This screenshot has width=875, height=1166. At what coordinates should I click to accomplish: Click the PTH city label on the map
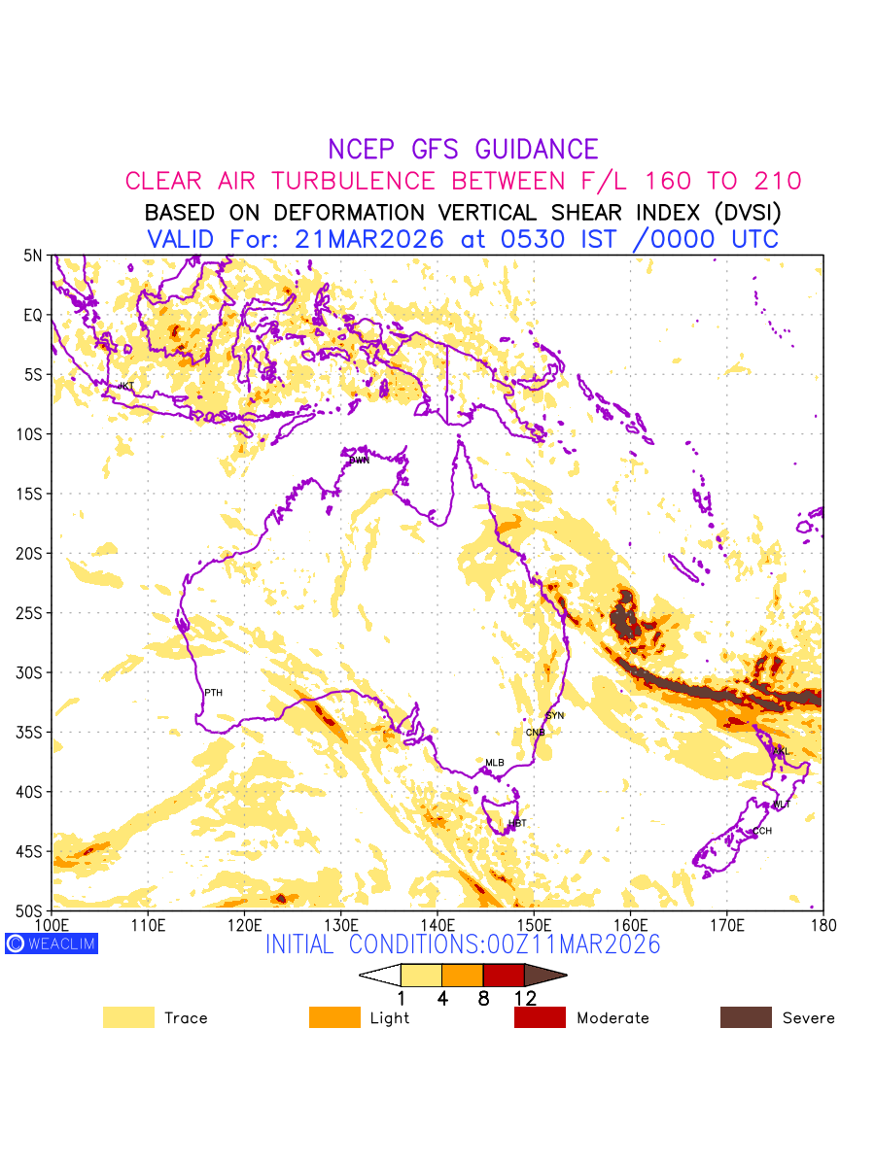point(213,693)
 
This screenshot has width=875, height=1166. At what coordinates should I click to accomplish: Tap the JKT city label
point(125,387)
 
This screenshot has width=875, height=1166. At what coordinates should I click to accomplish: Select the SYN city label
point(554,715)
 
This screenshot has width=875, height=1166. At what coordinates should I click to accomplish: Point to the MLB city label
point(495,763)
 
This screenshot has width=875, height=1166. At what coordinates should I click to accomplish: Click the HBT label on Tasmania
point(517,823)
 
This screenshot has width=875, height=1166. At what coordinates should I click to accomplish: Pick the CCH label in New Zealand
point(762,831)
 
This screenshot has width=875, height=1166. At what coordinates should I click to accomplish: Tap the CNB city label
point(535,733)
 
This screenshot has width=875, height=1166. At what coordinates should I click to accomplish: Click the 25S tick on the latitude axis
point(33,613)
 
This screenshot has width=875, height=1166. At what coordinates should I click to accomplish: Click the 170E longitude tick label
point(726,923)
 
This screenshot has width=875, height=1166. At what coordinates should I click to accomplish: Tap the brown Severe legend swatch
point(746,1017)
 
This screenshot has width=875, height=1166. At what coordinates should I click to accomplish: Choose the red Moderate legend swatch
point(540,1017)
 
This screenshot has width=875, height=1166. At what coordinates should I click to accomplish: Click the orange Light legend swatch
point(334,1017)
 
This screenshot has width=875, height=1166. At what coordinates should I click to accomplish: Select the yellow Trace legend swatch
point(128,1017)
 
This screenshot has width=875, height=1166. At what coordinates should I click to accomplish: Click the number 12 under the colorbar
point(524,997)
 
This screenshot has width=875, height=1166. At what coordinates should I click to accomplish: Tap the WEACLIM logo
point(52,943)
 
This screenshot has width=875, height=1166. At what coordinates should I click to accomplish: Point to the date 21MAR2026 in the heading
point(368,239)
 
